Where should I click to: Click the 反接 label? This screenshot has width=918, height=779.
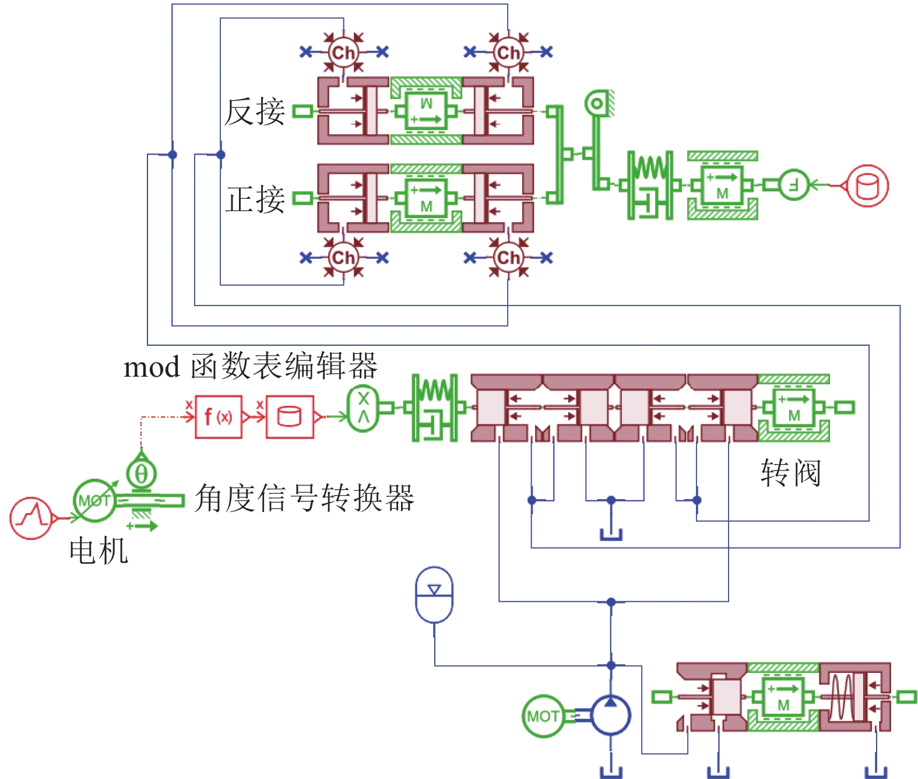tap(255, 111)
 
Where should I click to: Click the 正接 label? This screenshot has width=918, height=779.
tap(255, 199)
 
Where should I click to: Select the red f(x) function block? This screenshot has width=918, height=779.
tap(218, 417)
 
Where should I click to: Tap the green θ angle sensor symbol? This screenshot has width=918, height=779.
tap(141, 473)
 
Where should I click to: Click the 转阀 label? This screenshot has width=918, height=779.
tap(791, 472)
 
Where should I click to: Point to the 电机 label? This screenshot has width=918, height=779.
tap(98, 550)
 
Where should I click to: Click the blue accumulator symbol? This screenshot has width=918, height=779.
tap(434, 595)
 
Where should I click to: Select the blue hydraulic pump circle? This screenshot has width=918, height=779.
tap(610, 715)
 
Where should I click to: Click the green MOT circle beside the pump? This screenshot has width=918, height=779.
tap(542, 715)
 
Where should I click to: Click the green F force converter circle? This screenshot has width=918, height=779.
tap(794, 185)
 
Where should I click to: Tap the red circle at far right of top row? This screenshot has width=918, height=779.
tap(867, 185)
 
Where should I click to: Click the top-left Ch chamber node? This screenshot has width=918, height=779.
tap(343, 52)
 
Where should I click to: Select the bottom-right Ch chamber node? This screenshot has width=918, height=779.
tap(508, 257)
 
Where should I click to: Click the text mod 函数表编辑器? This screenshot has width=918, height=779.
tap(251, 367)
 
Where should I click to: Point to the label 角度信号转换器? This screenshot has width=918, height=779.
tap(304, 499)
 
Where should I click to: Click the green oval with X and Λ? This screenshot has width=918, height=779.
tap(363, 408)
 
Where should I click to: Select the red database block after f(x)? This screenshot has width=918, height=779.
tap(290, 417)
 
